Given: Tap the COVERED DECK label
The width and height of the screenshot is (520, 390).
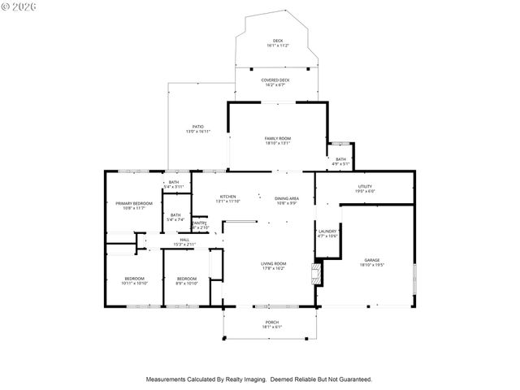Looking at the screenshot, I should click(275, 80).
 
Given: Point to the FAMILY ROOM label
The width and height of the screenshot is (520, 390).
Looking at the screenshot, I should click(277, 139).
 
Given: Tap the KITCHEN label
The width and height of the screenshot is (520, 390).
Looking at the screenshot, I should click(227, 197).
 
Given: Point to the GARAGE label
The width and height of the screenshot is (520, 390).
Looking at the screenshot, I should click(371, 261).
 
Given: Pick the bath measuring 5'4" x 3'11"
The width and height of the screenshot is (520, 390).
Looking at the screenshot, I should click(174, 183).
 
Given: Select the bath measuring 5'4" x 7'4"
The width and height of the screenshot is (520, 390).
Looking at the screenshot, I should click(175, 216).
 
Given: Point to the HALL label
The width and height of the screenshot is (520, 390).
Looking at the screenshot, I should click(184, 240).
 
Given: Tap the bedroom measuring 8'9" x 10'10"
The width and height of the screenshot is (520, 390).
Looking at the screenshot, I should click(187, 279).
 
